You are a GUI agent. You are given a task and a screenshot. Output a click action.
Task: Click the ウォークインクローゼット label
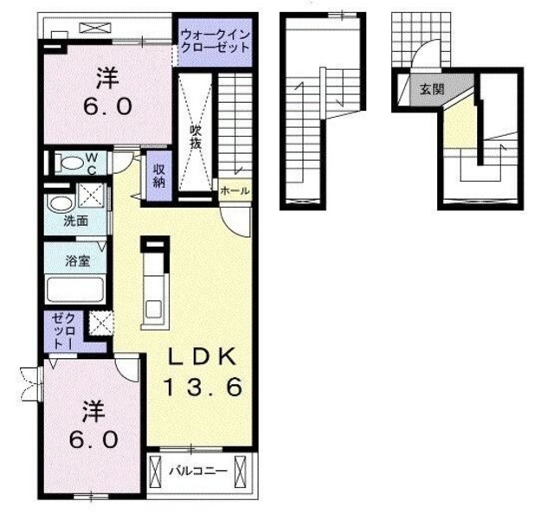(216, 42)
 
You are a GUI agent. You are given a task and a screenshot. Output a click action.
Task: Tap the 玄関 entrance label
(432, 89)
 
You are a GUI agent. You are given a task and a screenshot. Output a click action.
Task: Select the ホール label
(235, 190)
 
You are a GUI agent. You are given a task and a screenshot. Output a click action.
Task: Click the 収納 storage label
(159, 176)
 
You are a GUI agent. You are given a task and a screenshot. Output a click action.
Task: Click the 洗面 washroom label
(76, 222)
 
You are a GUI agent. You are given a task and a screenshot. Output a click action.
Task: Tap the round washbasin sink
(60, 204)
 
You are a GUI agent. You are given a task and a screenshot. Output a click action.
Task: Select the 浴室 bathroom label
(77, 261)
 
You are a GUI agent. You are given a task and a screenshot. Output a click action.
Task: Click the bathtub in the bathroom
(75, 290)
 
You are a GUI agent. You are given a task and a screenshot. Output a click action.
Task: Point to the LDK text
(202, 358)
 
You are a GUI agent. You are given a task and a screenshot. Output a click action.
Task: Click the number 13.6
(203, 386)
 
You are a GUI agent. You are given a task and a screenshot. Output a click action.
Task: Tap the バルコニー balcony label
(198, 472)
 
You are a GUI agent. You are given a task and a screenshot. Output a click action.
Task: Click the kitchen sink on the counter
(154, 309)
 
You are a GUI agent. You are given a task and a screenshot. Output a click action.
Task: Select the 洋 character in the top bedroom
(107, 79)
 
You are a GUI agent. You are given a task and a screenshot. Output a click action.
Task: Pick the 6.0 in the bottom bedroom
(93, 440)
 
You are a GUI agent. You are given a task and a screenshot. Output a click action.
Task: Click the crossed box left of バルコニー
(156, 472)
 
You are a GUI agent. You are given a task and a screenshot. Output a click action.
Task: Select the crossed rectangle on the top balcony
(95, 28)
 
